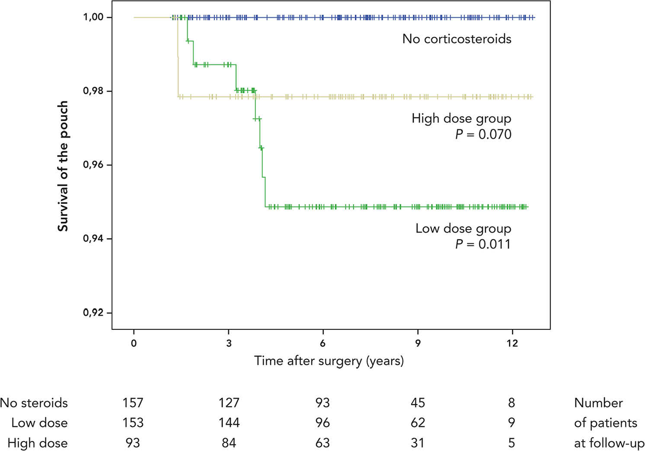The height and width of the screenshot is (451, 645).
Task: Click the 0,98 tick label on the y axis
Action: (93, 91)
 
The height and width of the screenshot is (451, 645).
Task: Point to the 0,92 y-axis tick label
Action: (93, 312)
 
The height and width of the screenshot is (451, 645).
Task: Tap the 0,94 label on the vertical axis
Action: (93, 239)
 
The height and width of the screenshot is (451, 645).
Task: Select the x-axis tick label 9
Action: (418, 343)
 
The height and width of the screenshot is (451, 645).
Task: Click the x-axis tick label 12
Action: (512, 343)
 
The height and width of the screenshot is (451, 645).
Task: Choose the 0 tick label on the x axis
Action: (134, 343)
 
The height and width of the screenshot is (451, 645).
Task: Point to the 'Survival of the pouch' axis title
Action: (63, 166)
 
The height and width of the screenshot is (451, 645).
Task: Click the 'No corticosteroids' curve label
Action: (457, 39)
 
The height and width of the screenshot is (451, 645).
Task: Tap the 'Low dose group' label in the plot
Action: (463, 229)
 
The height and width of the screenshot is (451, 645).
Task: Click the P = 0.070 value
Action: (483, 134)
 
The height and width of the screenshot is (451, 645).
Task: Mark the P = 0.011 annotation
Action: (483, 244)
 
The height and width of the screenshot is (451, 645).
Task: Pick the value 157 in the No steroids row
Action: (133, 403)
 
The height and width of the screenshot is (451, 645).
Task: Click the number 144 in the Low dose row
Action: (229, 423)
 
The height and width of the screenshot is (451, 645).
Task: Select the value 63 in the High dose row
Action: (322, 443)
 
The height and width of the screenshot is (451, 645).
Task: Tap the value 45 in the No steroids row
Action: (418, 403)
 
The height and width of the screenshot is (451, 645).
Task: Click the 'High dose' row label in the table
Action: (38, 443)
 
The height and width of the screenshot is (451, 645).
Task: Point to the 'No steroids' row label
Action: (34, 403)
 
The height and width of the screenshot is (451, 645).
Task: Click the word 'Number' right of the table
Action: (598, 403)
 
